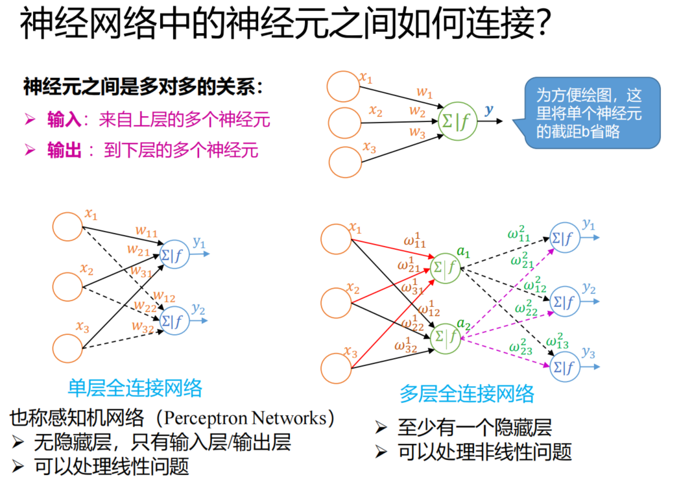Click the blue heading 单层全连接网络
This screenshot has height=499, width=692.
coord(135,388)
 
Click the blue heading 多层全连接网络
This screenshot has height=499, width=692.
coord(467,393)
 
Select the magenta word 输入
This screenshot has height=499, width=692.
coord(64,120)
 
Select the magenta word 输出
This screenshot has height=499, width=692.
coord(64,151)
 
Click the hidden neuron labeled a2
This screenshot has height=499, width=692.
coord(446,337)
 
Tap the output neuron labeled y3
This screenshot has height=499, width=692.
coord(563,367)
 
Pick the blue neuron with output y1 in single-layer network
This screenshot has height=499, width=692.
coord(173,256)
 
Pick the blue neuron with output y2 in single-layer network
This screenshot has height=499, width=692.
coord(173,320)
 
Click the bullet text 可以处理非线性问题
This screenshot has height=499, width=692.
coord(484,452)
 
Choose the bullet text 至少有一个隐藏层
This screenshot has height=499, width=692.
coord(474,428)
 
